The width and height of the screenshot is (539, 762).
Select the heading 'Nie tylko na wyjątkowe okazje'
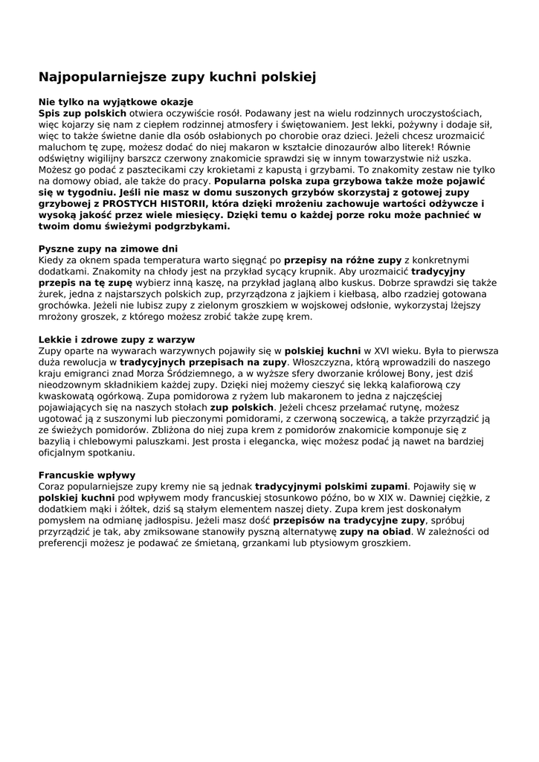pyautogui.click(x=115, y=101)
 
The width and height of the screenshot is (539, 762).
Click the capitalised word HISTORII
pyautogui.click(x=176, y=204)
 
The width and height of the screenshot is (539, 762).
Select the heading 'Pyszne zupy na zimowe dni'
pyautogui.click(x=108, y=249)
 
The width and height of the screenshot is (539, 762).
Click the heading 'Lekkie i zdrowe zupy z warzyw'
pyautogui.click(x=116, y=339)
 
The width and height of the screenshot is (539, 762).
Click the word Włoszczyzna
pyautogui.click(x=320, y=362)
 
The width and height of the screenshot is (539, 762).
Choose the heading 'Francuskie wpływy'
pyautogui.click(x=86, y=475)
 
